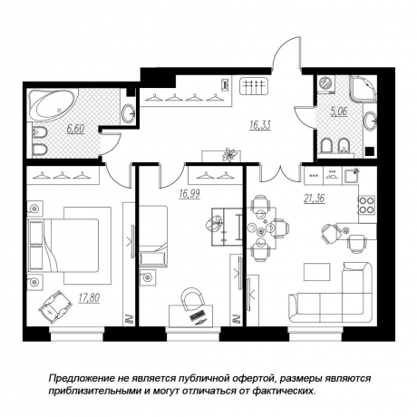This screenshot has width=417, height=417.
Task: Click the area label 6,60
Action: [75, 129]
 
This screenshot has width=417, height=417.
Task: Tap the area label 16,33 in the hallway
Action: [260, 125]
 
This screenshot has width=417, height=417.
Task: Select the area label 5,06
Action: [339, 112]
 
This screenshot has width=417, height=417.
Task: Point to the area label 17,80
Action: [89, 298]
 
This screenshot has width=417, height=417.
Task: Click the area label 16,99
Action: [189, 194]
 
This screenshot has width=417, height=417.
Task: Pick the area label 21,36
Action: [315, 199]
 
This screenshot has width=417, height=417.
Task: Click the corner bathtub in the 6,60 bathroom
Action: [52, 105]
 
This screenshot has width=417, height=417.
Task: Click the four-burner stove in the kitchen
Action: [366, 205]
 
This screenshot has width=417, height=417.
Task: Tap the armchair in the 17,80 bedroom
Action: [55, 307]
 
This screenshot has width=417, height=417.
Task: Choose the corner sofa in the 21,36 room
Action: [331, 293]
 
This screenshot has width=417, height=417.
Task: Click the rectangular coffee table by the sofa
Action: [316, 272]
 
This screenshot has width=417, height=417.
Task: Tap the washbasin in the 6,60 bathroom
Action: [130, 113]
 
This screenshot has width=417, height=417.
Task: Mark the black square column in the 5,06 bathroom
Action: [370, 151]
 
